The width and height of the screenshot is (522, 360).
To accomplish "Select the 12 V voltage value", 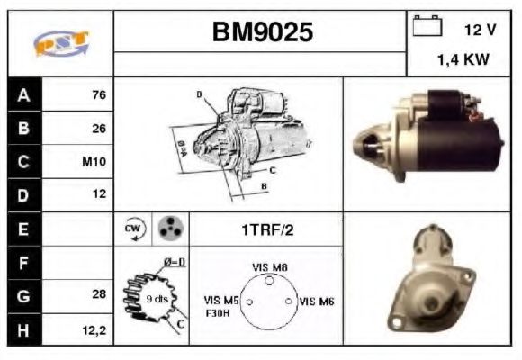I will click(480, 30).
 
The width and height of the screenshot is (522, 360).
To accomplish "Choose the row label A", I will click(22, 94).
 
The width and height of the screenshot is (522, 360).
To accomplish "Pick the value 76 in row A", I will click(98, 94).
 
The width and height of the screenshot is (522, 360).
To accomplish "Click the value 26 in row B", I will click(99, 128).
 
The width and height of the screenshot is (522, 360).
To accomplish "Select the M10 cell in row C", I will click(94, 162).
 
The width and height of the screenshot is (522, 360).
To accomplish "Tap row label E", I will click(22, 229).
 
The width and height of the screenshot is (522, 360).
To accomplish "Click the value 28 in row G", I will click(99, 295).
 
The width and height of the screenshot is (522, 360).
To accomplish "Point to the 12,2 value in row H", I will click(95, 330).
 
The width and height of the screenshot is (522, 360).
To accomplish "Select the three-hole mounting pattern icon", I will click(168, 229).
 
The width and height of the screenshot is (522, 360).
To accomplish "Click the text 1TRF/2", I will click(267, 230).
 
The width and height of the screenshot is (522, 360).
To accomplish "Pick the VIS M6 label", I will click(317, 301).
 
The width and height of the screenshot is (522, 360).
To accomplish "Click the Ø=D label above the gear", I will click(175, 262).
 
